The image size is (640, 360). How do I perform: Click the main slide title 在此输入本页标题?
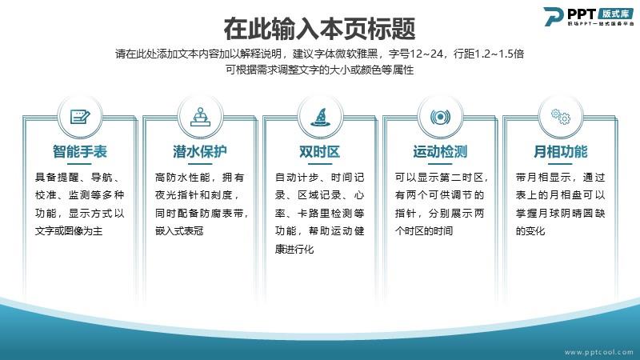[x=319, y=29]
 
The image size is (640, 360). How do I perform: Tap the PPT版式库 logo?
[x=589, y=17]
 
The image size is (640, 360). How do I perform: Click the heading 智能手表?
[x=79, y=152]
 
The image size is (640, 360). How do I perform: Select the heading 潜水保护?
[x=199, y=152]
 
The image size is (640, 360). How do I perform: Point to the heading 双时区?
[x=319, y=152]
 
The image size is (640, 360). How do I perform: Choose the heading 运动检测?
[x=440, y=152]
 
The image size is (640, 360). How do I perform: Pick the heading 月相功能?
[x=561, y=152]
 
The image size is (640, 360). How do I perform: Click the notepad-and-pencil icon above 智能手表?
[x=80, y=117]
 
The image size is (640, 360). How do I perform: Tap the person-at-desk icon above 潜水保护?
[x=200, y=117]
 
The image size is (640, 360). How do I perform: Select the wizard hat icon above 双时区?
[x=320, y=117]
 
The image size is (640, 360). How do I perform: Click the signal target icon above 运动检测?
[x=440, y=118]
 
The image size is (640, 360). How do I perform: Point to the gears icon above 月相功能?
[x=561, y=117]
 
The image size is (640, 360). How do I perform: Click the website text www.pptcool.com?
[x=598, y=352]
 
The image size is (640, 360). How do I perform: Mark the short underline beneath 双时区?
[x=319, y=164]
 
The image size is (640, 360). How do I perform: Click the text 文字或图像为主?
[x=69, y=231]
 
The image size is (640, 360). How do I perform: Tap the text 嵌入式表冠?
[x=179, y=231]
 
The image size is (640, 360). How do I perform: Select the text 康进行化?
[x=294, y=249]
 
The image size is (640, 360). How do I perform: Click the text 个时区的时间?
[x=424, y=231]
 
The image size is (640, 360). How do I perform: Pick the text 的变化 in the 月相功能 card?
[x=530, y=231]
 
